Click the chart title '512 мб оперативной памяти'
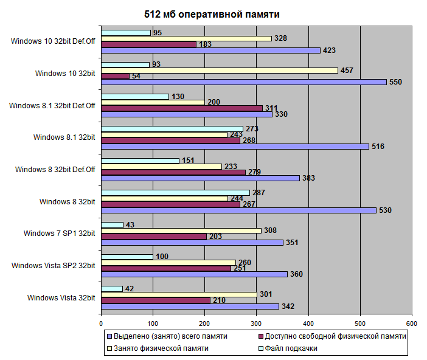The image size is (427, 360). [x=213, y=14]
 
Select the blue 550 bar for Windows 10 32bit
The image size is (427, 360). [x=243, y=82]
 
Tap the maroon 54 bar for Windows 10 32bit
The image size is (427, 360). [x=115, y=76]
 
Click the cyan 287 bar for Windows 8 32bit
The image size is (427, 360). [x=175, y=193]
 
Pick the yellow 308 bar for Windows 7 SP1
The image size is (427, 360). [x=181, y=230]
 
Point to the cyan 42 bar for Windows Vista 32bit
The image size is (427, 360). [x=112, y=289]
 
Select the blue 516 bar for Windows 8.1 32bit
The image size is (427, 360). [x=235, y=147]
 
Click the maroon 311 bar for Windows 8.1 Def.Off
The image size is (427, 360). [x=181, y=108]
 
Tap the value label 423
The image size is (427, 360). [x=330, y=50]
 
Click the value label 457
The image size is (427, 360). [x=347, y=71]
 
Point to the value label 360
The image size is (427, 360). [x=297, y=274]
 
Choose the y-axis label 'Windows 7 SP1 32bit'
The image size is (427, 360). [x=60, y=233]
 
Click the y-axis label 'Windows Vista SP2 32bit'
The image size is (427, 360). [x=53, y=265]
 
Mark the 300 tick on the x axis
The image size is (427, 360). [x=257, y=324]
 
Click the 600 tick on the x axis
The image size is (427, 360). [x=412, y=324]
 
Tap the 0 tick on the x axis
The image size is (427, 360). [x=101, y=324]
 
